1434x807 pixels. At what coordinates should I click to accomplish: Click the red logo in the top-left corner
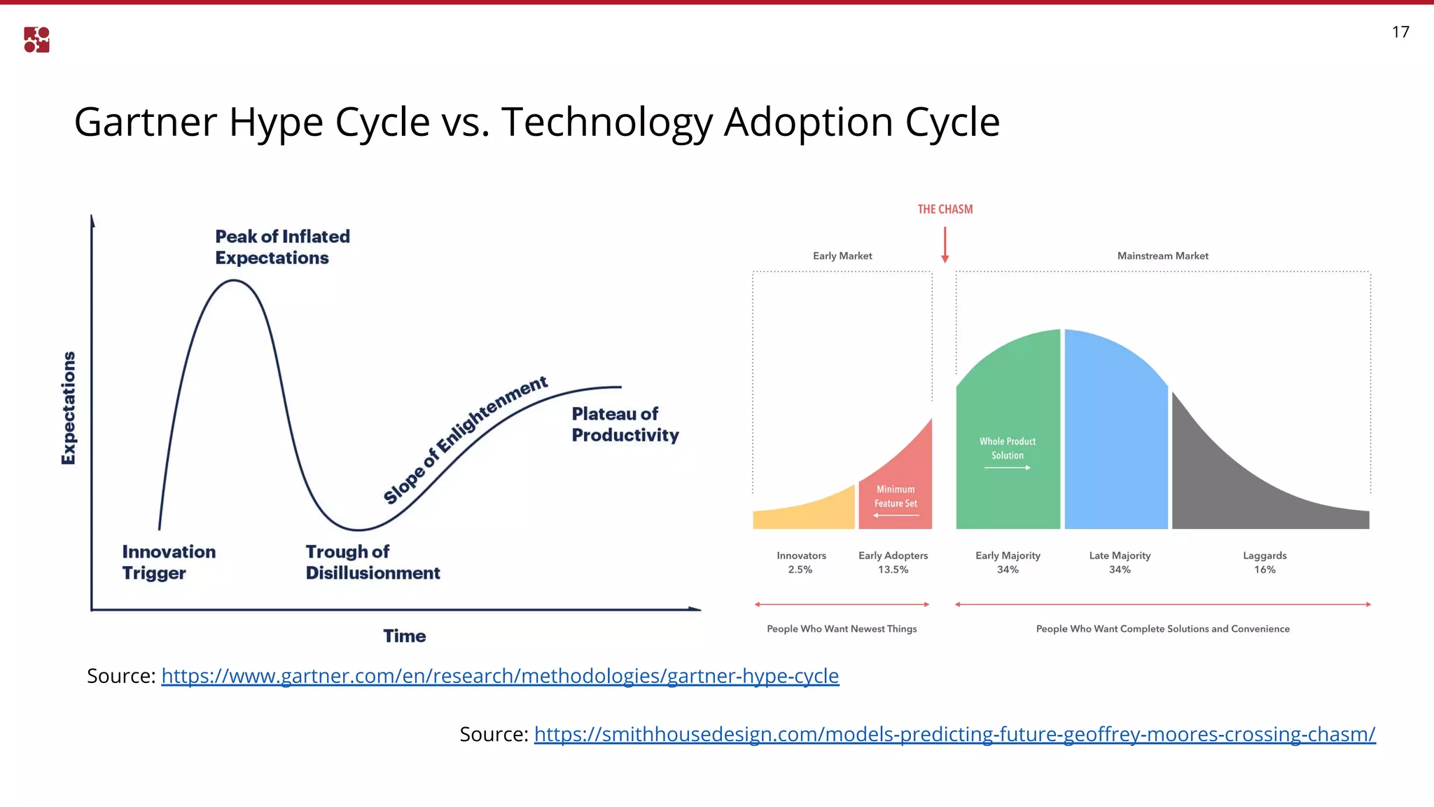tap(36, 40)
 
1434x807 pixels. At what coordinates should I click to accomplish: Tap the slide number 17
tap(1400, 32)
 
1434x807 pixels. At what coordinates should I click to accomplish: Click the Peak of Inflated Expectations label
tap(282, 247)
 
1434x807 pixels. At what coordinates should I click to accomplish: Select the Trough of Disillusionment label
tap(373, 563)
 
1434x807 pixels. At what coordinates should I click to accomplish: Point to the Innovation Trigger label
tap(169, 563)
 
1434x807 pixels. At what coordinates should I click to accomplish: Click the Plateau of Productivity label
tap(625, 425)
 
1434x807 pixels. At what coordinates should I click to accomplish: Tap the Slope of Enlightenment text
tap(465, 439)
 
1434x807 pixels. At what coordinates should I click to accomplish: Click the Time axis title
tap(404, 636)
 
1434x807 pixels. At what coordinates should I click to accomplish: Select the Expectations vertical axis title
tap(69, 408)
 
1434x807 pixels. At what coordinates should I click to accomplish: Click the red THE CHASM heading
tap(945, 209)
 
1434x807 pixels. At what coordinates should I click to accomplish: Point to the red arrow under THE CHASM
tap(945, 245)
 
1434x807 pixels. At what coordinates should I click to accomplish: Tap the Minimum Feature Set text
tap(896, 497)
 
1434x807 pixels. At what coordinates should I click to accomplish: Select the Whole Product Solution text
tap(1007, 448)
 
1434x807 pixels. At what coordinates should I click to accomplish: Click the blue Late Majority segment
tap(1116, 434)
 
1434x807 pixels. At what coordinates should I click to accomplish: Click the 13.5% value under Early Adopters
tap(893, 570)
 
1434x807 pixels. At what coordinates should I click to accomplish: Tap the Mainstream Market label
tap(1162, 256)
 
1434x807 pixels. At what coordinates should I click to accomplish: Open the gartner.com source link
tap(500, 676)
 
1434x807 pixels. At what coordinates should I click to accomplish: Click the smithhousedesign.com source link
tap(954, 734)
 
